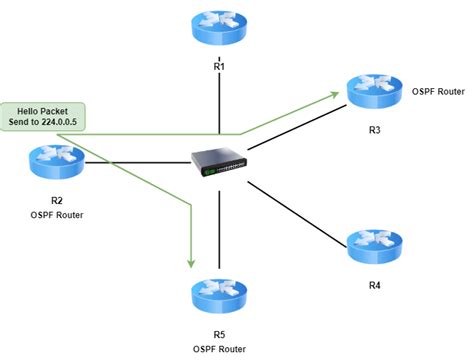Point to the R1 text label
219,66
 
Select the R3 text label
374,129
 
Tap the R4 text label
374,285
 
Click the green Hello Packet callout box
44,113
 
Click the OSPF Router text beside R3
438,90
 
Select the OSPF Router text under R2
57,213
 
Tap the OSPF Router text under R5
219,348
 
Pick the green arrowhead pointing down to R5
189,263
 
